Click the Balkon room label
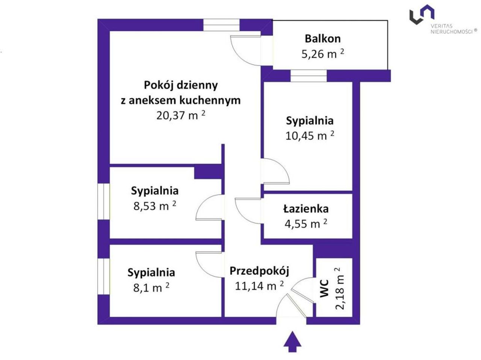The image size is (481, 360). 322,39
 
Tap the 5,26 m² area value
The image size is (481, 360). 322,54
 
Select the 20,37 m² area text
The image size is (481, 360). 181,115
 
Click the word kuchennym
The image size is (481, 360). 210,100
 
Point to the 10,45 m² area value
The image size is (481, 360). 310,136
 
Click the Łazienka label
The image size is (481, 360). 306,209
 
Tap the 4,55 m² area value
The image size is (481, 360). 306,224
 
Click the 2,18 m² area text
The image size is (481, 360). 340,288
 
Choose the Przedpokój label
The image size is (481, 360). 259,271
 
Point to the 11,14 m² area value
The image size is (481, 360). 259,286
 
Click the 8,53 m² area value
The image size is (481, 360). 155,206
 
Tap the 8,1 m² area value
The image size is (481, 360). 151,287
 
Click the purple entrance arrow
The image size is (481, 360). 292,342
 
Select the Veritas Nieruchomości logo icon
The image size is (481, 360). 422,14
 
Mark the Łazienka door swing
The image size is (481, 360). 241,217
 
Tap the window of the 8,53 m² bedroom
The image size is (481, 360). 103,201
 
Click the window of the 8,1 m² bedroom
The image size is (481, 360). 103,276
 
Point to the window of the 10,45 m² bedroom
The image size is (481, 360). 309,76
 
